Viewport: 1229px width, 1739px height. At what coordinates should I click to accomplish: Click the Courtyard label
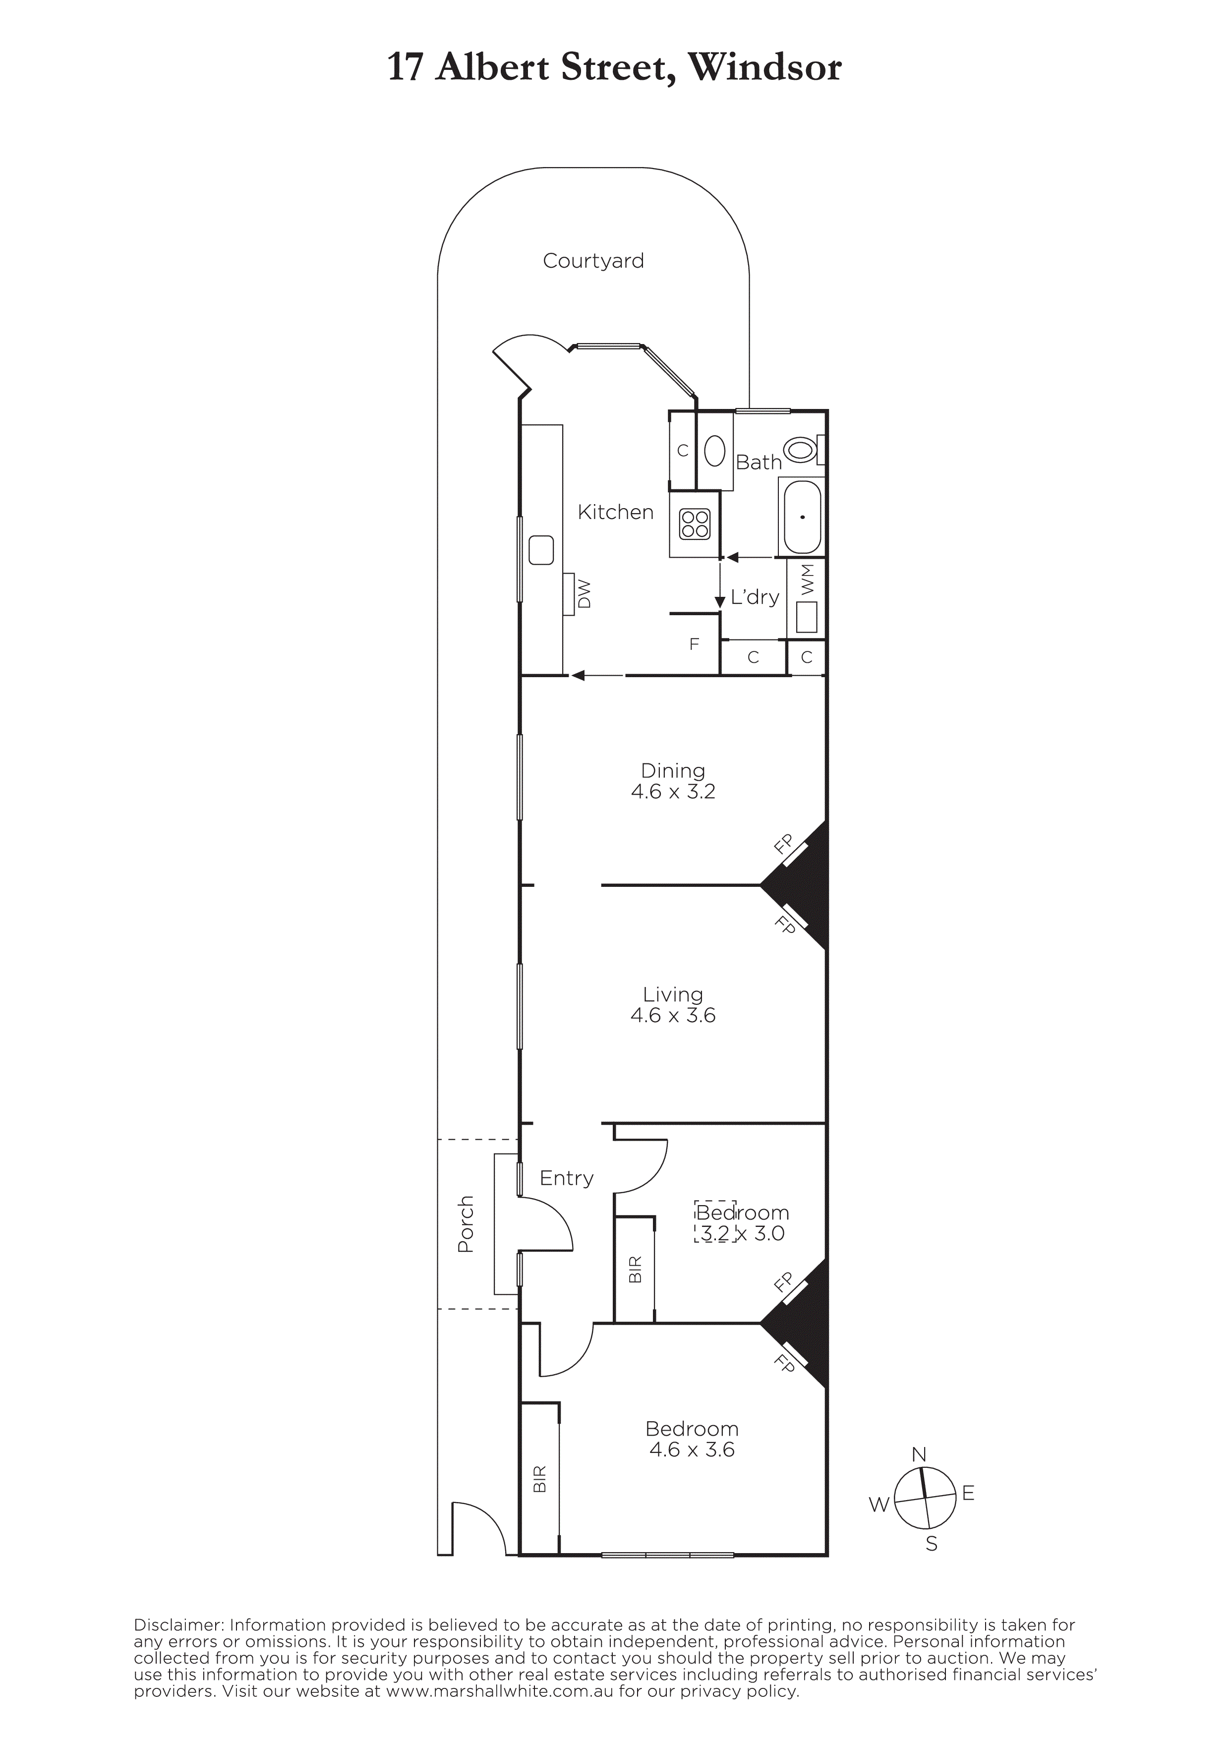pos(593,261)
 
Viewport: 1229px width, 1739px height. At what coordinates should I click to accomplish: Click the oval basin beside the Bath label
pos(714,452)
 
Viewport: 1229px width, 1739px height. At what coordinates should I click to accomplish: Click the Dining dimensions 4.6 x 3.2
pos(673,792)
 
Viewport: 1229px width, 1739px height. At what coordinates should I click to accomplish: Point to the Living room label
pos(673,994)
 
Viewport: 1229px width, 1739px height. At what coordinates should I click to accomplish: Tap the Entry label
pos(567,1178)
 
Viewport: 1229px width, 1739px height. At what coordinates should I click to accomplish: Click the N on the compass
pos(919,1455)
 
